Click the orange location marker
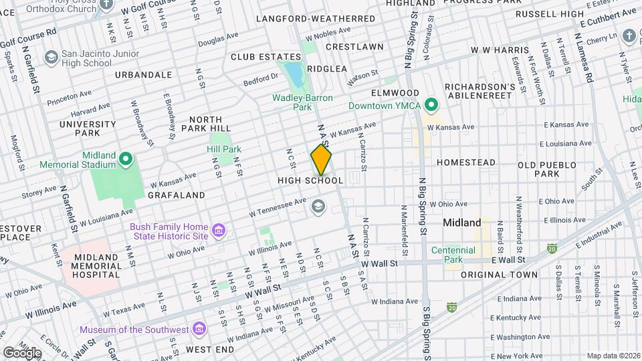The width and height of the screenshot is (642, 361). click(321, 159)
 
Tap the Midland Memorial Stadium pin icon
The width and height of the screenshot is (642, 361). click(126, 159)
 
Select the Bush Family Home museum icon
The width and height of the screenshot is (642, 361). click(217, 231)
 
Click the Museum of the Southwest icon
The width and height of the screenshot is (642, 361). click(198, 330)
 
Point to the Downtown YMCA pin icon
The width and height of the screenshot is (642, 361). click(432, 106)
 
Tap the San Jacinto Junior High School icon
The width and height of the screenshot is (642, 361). click(51, 58)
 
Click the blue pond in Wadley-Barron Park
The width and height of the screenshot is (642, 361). click(294, 75)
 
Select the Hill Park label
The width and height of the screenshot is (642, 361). click(223, 149)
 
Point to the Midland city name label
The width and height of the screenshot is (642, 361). click(462, 223)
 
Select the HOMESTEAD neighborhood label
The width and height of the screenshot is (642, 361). click(466, 162)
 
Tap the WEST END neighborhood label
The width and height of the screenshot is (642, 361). click(210, 350)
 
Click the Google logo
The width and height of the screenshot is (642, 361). click(21, 352)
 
